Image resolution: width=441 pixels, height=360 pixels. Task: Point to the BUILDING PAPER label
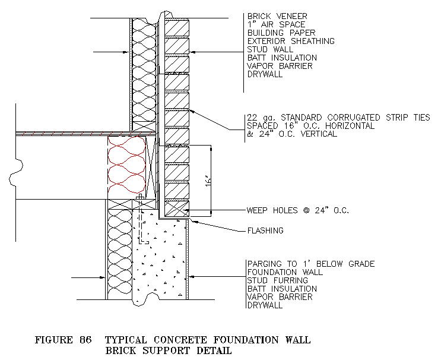coord(281,33)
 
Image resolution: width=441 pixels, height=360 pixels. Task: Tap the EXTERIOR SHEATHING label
coord(291,42)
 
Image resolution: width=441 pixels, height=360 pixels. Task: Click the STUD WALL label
coord(268,50)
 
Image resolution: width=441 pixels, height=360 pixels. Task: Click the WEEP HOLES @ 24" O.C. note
coord(297,210)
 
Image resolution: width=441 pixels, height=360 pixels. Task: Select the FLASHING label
coord(265,230)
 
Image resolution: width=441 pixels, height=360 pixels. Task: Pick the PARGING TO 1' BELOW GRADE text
coord(310,264)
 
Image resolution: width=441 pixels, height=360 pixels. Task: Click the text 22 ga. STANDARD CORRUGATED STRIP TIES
coord(338,118)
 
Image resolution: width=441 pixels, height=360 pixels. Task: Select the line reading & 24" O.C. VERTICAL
coord(291,134)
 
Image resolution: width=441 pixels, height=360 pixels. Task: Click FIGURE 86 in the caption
coord(63,340)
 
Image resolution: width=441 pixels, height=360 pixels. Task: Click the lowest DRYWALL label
coord(265,305)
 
